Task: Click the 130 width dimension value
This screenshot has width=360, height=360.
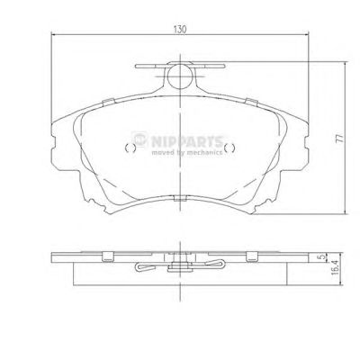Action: click(x=180, y=29)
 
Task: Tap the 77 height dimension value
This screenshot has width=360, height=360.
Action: click(x=339, y=138)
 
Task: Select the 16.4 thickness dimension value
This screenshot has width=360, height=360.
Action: click(x=335, y=267)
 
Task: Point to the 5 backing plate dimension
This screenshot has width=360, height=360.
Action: click(x=321, y=257)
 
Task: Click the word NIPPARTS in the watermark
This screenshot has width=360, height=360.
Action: click(x=187, y=141)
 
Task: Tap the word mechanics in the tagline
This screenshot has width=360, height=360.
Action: click(x=204, y=153)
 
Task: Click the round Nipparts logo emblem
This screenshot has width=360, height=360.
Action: click(x=139, y=139)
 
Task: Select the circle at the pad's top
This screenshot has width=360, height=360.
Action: click(x=180, y=76)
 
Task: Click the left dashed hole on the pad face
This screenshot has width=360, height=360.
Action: click(x=130, y=148)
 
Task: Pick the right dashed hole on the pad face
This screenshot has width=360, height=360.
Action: click(x=229, y=148)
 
